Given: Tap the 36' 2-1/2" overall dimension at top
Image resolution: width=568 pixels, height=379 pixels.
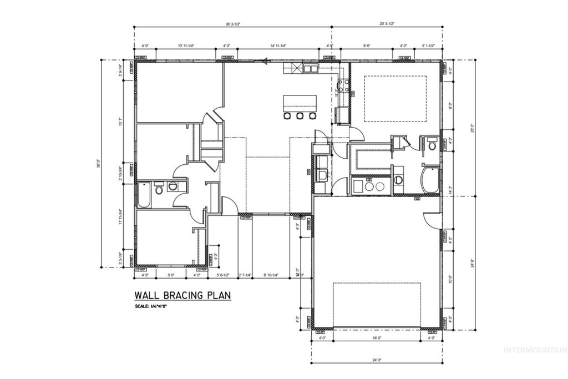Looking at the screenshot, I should (x=232, y=24).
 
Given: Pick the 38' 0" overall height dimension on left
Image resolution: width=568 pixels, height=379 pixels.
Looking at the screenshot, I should (x=98, y=165).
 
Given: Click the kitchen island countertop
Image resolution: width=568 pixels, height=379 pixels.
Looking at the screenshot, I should (x=300, y=103).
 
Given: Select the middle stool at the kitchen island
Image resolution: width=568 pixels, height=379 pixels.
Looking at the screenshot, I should (x=300, y=116).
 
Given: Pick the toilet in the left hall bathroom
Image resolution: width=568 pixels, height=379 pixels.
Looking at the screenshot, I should (x=160, y=190).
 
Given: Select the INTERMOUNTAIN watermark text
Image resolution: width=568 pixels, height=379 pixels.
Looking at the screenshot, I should (x=534, y=350).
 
